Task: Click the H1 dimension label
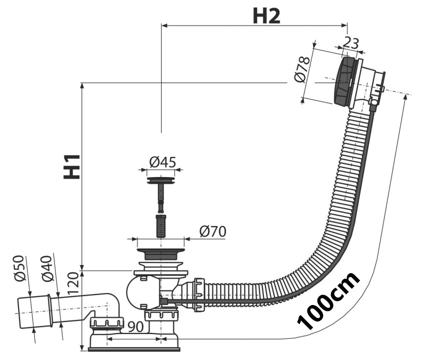72,166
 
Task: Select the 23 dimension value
351,43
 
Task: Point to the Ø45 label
162,162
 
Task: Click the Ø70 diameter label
212,231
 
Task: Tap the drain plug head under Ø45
161,178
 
